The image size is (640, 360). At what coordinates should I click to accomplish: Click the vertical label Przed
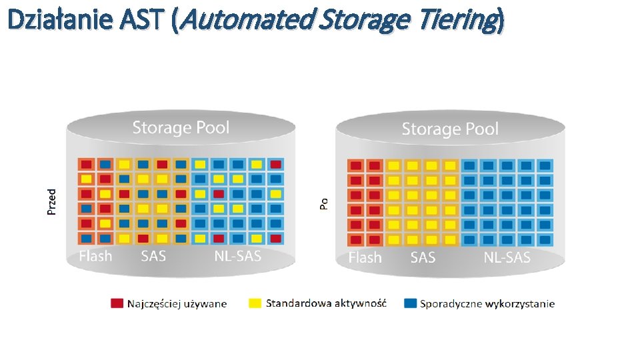click(x=52, y=201)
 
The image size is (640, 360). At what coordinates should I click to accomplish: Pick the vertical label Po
click(x=324, y=203)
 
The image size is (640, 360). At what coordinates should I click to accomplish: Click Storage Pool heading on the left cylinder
click(x=181, y=127)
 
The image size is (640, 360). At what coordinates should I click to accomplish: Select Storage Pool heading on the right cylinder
click(x=450, y=129)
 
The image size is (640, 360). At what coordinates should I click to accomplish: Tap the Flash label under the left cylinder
click(x=95, y=256)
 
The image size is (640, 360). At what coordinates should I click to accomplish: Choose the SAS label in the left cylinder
click(x=153, y=256)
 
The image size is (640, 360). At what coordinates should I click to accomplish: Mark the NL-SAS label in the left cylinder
click(x=237, y=256)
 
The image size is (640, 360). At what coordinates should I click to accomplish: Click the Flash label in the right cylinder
click(x=365, y=258)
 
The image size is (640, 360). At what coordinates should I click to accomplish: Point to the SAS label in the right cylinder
click(x=423, y=258)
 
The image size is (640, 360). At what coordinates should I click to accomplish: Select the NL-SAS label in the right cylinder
click(x=507, y=258)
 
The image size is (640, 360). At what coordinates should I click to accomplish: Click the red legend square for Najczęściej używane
click(x=117, y=303)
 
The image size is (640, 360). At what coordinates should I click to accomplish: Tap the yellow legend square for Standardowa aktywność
click(x=255, y=303)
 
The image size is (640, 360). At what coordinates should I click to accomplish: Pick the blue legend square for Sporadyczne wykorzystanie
click(x=410, y=303)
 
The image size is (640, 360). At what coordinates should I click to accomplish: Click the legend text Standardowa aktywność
click(x=326, y=303)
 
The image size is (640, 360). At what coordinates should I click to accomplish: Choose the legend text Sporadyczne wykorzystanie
click(x=487, y=304)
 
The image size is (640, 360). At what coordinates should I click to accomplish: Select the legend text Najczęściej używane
click(x=177, y=304)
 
